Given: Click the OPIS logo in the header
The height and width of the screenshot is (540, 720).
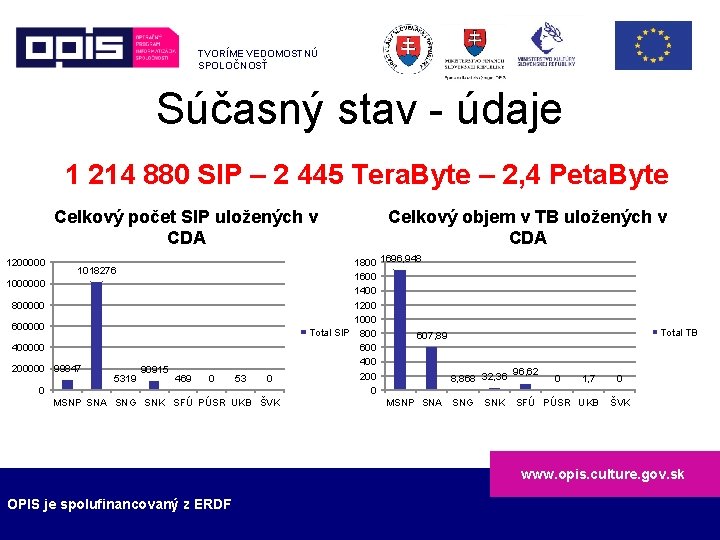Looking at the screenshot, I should [x=96, y=46].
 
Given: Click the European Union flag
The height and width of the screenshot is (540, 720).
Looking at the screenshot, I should [x=652, y=45].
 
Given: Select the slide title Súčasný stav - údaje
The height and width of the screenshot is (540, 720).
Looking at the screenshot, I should [x=359, y=109].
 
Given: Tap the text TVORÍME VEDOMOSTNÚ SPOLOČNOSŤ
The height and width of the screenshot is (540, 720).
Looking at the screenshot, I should [x=257, y=59].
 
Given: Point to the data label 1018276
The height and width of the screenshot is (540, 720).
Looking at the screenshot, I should [x=97, y=271].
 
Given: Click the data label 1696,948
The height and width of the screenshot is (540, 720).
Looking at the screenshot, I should [x=401, y=259].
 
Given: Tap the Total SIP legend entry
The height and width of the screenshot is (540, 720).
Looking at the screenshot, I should [x=325, y=333].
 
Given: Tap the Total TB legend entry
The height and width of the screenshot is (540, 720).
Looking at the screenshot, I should [x=675, y=333].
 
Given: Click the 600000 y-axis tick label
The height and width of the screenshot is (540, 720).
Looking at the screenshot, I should [x=28, y=327].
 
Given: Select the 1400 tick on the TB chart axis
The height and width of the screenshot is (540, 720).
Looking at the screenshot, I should [x=366, y=290].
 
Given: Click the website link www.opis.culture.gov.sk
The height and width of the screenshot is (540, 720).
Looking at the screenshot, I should [x=602, y=474].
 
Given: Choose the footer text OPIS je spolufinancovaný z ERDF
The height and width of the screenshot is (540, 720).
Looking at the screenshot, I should [x=119, y=504].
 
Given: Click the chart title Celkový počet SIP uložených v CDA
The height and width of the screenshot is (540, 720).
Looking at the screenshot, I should [x=186, y=227].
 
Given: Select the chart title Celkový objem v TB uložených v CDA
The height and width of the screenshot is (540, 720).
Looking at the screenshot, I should [x=527, y=227].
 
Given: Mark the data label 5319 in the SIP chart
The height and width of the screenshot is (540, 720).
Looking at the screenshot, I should [x=125, y=378].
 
